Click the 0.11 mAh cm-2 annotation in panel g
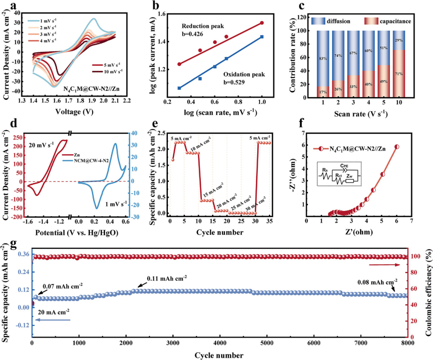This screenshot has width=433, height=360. pyautogui.click(x=167, y=278)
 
